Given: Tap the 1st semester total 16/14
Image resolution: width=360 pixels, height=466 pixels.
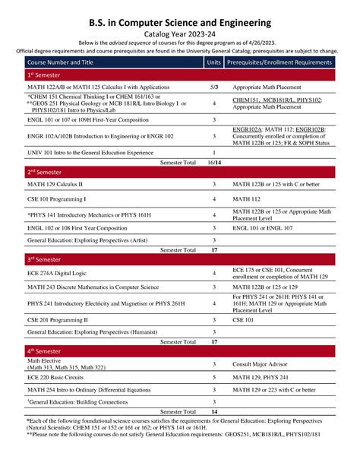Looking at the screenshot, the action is click(x=214, y=162).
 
